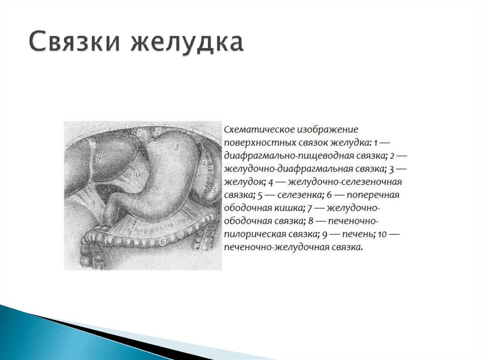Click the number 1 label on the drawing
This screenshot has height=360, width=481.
[140, 132]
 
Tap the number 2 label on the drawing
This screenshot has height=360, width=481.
[157, 131]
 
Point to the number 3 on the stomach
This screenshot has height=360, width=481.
[177, 147]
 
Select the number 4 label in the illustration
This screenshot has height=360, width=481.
[205, 163]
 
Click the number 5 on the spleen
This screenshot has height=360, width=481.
[214, 191]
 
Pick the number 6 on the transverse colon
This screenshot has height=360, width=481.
[162, 241]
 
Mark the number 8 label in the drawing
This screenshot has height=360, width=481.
[93, 203]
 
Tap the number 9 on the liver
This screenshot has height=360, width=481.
[99, 158]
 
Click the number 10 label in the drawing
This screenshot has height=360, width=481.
[136, 174]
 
